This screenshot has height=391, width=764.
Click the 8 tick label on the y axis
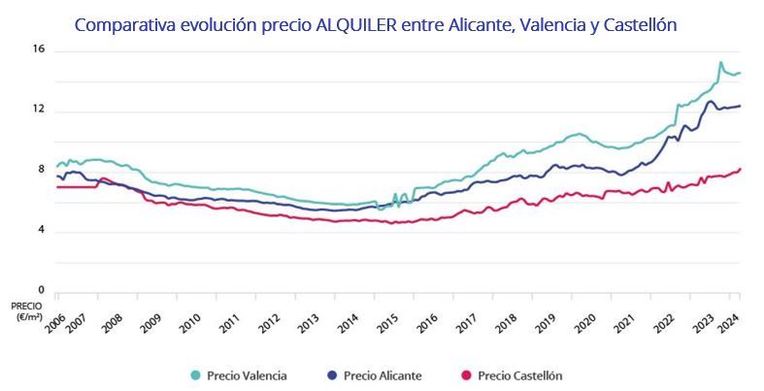pos(40,170)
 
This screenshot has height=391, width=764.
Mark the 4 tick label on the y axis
pos(40,230)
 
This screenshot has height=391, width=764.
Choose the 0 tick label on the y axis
pos(40,289)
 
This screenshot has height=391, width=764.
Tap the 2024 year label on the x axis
pos(730,321)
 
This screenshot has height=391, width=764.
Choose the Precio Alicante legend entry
pos(382,375)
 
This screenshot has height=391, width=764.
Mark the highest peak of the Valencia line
pos(720,63)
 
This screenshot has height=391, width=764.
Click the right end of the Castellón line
pos(740,169)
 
